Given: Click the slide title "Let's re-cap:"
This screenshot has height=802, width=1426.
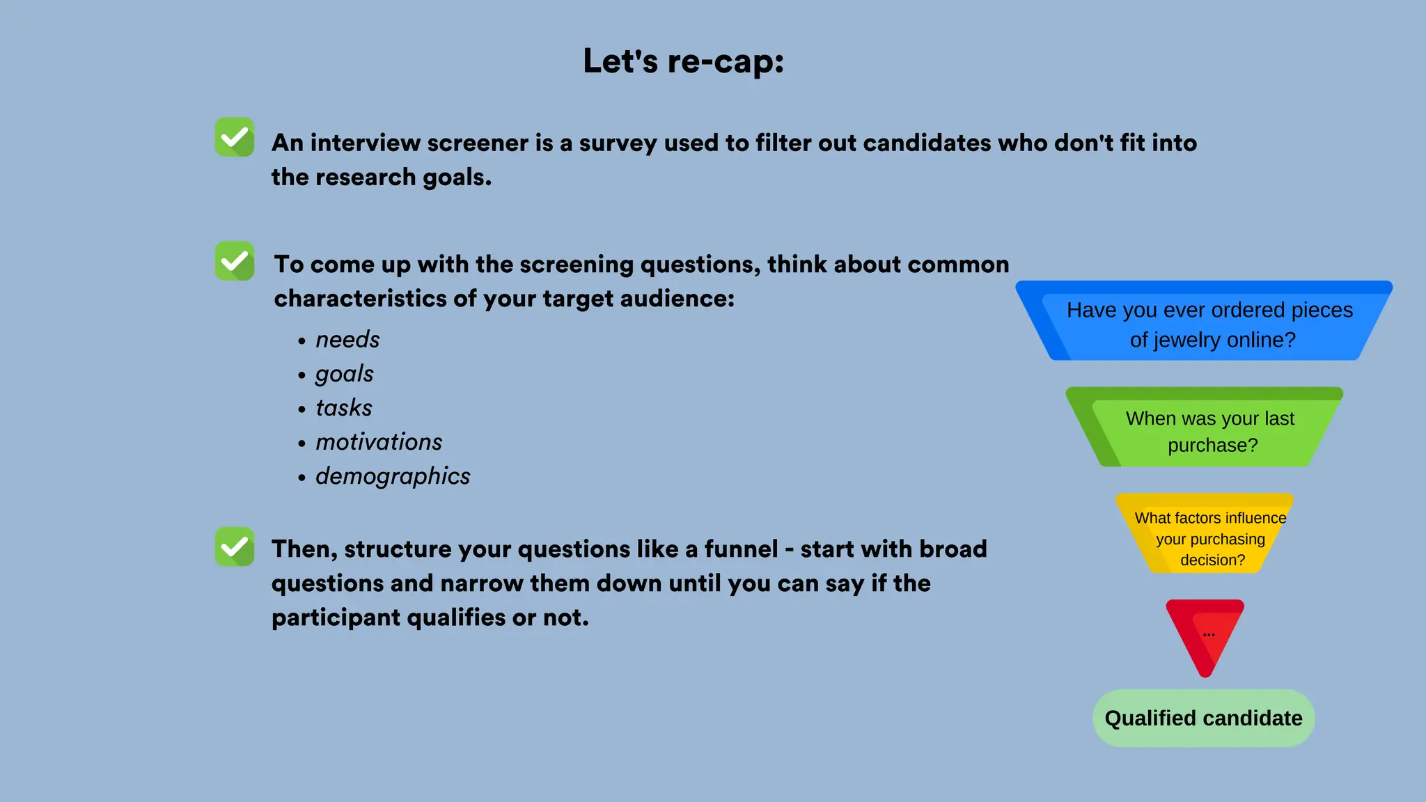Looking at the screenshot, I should click(x=683, y=61).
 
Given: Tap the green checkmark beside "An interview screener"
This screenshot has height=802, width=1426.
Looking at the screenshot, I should click(x=235, y=137).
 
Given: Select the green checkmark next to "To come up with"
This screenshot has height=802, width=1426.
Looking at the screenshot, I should click(x=235, y=261).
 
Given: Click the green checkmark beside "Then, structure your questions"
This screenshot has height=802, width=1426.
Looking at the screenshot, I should click(x=235, y=547).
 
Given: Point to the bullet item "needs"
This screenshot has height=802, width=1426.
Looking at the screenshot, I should click(x=347, y=340).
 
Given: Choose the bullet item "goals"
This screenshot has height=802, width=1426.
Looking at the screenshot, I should click(x=344, y=374).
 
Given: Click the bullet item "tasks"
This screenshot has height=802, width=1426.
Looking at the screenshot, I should click(x=344, y=408).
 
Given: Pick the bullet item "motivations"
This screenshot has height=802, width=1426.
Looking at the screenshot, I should click(x=379, y=442).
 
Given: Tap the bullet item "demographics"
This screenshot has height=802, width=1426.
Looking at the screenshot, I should click(x=393, y=476).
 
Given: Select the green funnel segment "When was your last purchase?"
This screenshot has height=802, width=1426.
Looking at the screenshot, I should click(x=1205, y=429).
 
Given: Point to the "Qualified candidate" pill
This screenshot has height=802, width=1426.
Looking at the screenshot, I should click(x=1203, y=718).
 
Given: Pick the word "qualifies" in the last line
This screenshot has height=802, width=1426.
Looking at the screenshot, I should click(x=455, y=618).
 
